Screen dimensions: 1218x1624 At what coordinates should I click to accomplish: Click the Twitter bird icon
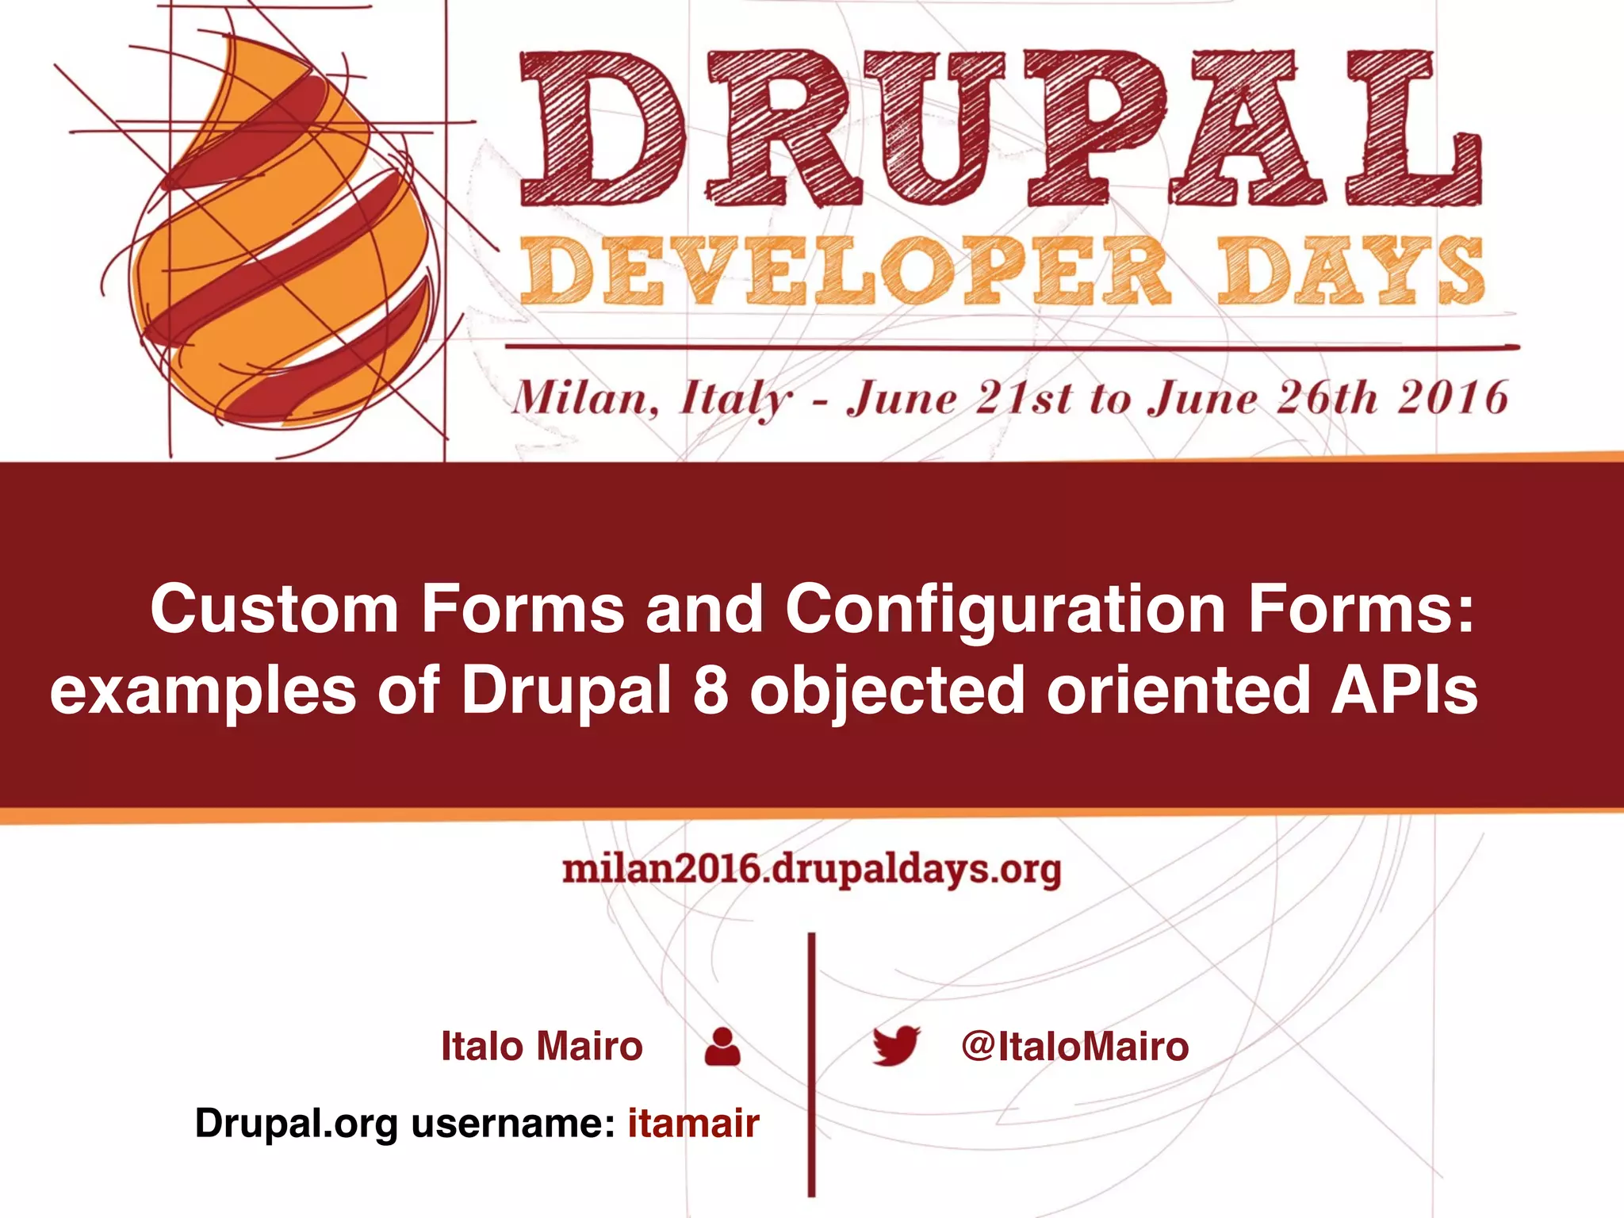click(x=896, y=1046)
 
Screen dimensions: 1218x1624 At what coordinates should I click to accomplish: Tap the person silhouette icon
click(x=722, y=1047)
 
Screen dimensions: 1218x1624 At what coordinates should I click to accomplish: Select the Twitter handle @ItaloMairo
click(x=1074, y=1046)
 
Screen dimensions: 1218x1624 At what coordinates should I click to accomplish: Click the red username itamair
click(x=694, y=1123)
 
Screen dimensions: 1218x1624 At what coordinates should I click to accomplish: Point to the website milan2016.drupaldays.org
click(x=811, y=869)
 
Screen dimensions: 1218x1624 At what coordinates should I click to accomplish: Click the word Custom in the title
click(x=274, y=609)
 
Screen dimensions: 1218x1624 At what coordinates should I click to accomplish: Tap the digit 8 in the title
click(x=710, y=690)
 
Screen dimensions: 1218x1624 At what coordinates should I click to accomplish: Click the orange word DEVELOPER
click(x=845, y=272)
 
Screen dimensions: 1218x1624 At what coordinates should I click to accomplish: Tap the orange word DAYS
click(x=1350, y=272)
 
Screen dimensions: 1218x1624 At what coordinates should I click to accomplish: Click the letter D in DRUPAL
click(x=603, y=127)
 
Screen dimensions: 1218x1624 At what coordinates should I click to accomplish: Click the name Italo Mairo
click(x=542, y=1046)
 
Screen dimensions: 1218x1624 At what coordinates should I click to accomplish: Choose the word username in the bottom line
click(x=512, y=1123)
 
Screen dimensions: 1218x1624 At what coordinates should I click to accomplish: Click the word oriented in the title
click(x=1178, y=690)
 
